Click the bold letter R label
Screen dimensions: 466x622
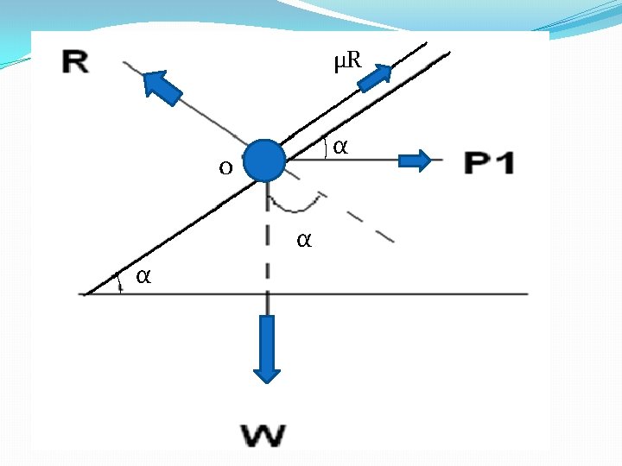76,61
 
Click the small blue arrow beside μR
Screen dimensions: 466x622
374,77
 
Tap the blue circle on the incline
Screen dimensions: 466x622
263,161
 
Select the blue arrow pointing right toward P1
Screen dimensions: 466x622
414,161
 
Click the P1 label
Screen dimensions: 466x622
489,161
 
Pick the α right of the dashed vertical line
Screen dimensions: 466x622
303,239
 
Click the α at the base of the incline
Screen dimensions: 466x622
143,276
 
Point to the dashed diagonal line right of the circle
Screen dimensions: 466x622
363,221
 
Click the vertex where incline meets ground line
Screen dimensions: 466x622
85,294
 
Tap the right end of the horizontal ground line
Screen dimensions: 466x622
525,294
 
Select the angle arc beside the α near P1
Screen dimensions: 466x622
326,149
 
